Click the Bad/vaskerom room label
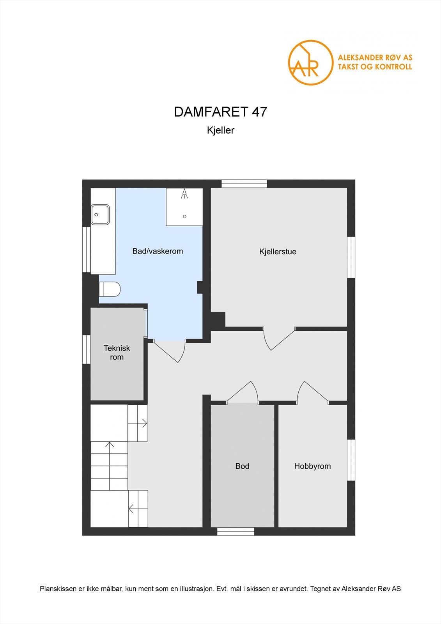point(158,251)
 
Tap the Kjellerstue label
point(278,252)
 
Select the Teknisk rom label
point(117,353)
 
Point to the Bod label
point(242,466)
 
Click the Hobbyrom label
point(312,466)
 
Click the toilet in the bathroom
point(110,289)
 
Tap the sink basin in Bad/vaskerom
point(100,214)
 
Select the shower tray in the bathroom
point(184,207)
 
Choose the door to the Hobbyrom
point(313,392)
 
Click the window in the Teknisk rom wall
point(86,349)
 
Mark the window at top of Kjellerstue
point(244,184)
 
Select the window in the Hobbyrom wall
point(351,460)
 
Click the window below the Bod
point(236,531)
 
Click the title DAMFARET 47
point(220,112)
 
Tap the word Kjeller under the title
point(220,130)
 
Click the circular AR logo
point(310,62)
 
